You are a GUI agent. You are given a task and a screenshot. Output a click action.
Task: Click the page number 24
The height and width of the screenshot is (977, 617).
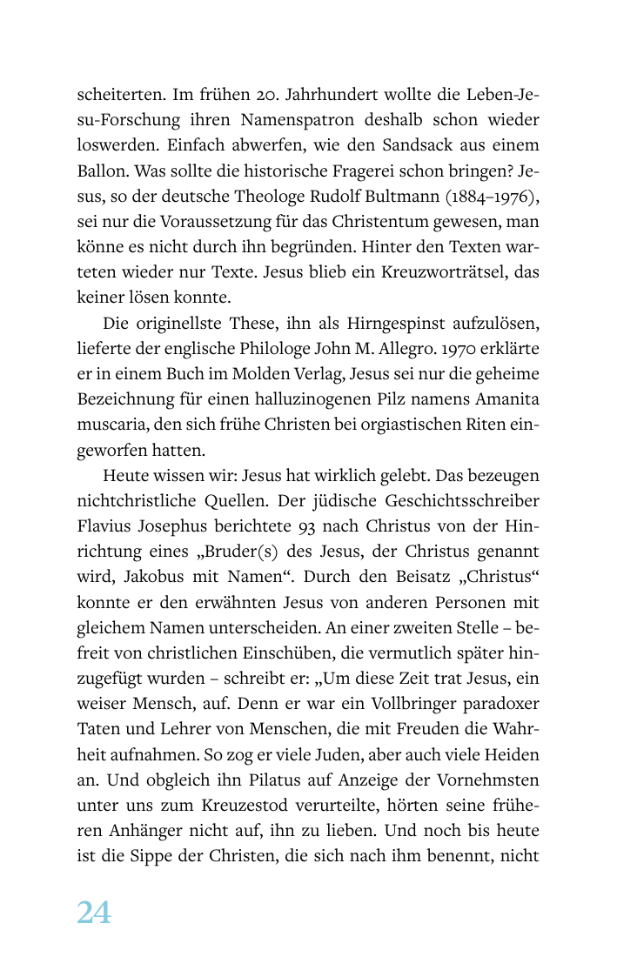pyautogui.click(x=94, y=913)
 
